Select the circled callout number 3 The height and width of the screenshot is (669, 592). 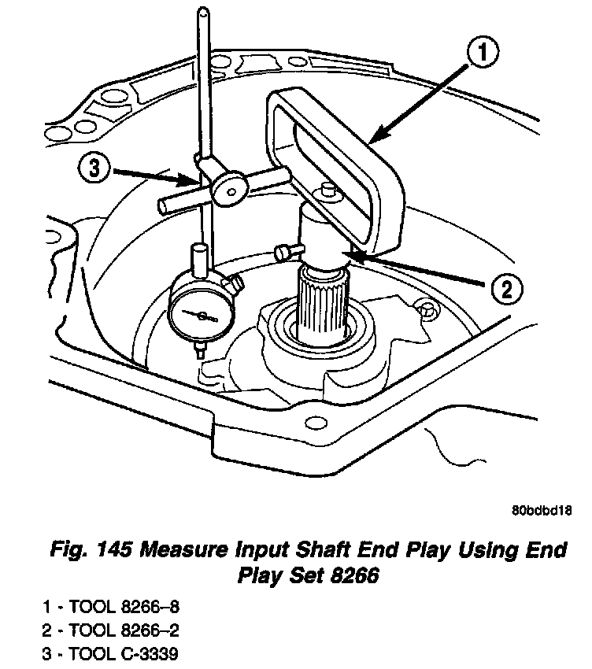point(94,169)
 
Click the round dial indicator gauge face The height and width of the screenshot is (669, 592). point(203,315)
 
